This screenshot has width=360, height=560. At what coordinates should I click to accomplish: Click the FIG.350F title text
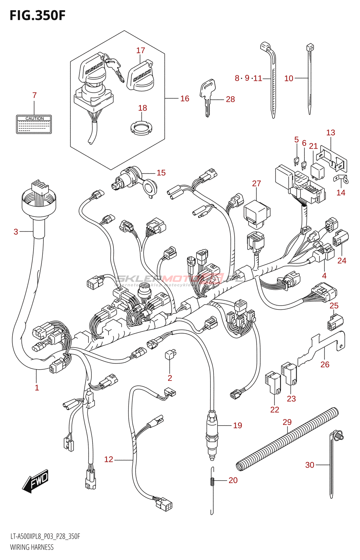pos(37,16)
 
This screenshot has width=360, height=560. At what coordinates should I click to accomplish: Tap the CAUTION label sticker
pos(34,125)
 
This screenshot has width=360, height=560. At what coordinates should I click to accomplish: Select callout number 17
pos(140,50)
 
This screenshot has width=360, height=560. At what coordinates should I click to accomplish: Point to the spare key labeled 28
pos(207,96)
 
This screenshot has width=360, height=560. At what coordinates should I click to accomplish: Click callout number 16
pos(185,99)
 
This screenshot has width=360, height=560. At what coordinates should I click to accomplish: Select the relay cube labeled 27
pos(257,212)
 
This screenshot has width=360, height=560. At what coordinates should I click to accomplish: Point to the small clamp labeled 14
pos(341,180)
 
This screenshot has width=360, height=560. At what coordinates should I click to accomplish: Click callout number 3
pos(16,232)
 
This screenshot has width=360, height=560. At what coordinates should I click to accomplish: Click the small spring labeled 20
pos(212,481)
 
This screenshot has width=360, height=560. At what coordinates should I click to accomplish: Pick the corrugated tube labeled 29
pos(287,439)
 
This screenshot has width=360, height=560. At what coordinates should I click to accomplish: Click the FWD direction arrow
pos(36,481)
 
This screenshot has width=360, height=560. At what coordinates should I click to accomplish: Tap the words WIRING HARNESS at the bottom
pos(32,547)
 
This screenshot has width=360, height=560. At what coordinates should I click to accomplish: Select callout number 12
pos(109,460)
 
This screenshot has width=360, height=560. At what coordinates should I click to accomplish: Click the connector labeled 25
pos(335,322)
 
